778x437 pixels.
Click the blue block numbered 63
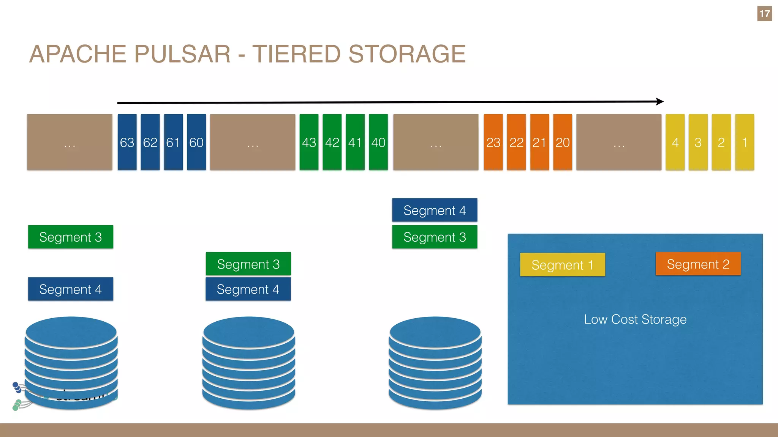pos(127,142)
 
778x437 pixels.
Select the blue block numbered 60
pos(196,142)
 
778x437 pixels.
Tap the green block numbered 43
pos(309,142)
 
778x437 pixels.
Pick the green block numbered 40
pos(378,142)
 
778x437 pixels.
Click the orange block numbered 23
pos(493,142)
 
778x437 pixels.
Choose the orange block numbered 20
pos(563,142)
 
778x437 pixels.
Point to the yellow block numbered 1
pos(745,142)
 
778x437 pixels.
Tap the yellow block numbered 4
pos(675,142)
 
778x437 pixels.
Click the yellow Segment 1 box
pos(562,265)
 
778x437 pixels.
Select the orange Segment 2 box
pos(698,264)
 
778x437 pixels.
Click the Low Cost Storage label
pos(635,319)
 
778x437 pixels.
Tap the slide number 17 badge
pos(764,14)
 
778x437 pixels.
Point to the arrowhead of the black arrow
pos(660,102)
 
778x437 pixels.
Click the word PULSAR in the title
pos(182,54)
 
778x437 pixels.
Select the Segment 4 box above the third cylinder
pos(435,210)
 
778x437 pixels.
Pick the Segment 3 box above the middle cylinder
pos(248,264)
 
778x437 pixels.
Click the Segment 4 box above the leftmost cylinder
pos(71,289)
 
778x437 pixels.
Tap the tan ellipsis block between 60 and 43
pos(253,142)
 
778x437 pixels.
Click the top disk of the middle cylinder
pos(248,332)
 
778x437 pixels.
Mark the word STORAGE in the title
pos(407,54)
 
